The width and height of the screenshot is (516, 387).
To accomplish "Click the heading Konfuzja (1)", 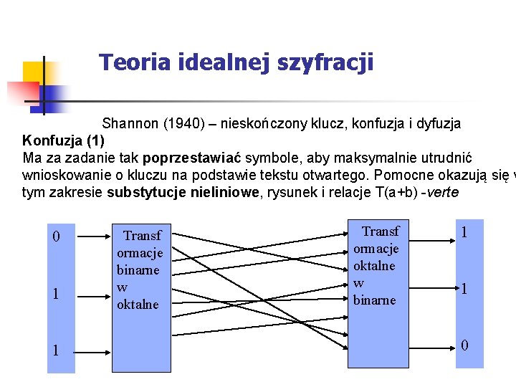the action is click(x=64, y=140).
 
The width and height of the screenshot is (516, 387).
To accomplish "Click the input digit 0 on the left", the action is click(x=57, y=237).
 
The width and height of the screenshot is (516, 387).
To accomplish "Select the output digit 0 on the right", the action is click(x=464, y=345).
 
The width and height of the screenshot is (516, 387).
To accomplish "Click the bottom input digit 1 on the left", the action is click(x=57, y=351).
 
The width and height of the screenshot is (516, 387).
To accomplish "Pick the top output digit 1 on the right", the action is click(x=464, y=233).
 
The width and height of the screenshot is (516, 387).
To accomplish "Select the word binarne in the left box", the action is click(x=139, y=270).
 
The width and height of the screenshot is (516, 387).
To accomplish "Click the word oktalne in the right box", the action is click(x=375, y=266).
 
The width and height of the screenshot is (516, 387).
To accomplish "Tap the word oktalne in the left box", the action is click(x=138, y=305).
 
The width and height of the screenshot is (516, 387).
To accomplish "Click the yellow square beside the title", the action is click(x=33, y=73).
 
